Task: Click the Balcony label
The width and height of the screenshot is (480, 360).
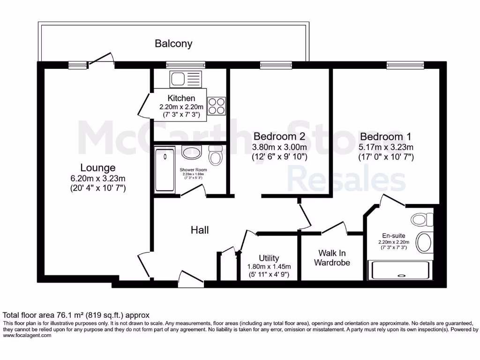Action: (x=173, y=44)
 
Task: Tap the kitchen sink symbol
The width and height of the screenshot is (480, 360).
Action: (x=185, y=79)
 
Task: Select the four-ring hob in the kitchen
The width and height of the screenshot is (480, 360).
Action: (x=216, y=105)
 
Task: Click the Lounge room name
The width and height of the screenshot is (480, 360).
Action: (x=97, y=167)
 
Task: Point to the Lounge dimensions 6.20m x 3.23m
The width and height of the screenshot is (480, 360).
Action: (x=97, y=178)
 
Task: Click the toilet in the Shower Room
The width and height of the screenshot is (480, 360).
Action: (x=216, y=155)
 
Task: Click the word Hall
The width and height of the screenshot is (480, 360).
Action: (x=200, y=230)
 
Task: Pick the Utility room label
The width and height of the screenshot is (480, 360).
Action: (x=269, y=258)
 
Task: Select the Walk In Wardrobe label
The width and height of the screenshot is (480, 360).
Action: (x=332, y=258)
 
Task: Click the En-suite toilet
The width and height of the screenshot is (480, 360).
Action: (x=422, y=219)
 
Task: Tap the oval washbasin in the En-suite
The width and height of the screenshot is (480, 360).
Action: (x=425, y=243)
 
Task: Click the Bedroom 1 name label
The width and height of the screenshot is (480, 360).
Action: (x=385, y=136)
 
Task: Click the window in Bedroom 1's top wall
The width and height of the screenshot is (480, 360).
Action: (x=405, y=65)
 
